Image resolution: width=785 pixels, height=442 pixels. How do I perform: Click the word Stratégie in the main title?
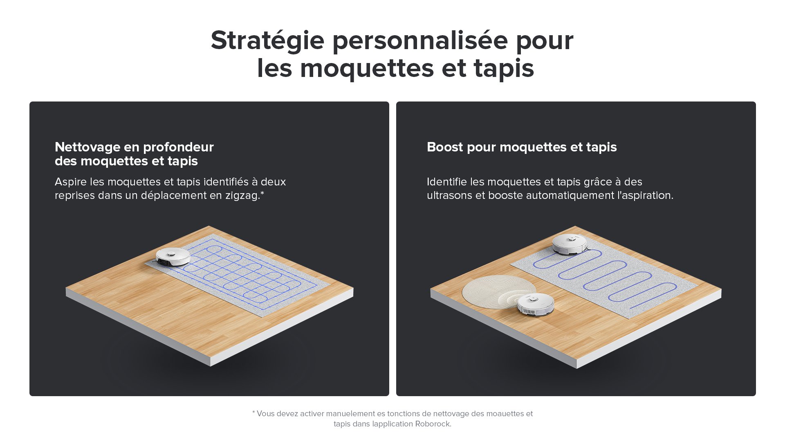coord(267,41)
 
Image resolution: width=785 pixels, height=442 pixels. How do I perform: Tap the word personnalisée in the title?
coord(420,41)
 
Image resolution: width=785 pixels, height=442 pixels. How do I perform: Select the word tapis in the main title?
coord(504,68)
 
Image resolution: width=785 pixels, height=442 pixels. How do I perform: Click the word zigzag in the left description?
coord(242,196)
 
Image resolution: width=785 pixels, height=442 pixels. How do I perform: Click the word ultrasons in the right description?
coord(449,196)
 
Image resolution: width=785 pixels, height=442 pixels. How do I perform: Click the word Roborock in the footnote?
coord(433,424)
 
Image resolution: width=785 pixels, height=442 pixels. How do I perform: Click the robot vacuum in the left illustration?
coord(173,257)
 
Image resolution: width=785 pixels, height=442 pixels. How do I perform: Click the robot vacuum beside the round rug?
coord(535,304)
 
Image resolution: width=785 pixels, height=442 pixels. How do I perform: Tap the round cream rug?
coord(494,291)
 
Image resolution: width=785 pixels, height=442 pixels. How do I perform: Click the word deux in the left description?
coord(273,182)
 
